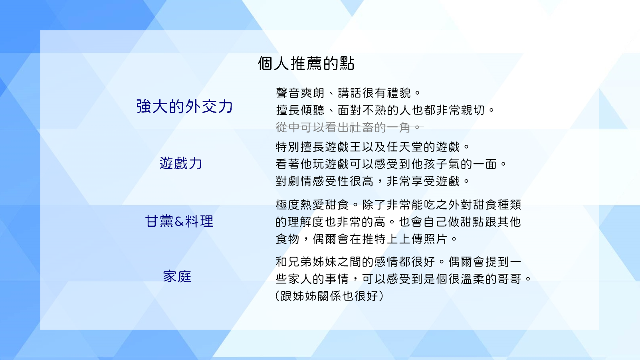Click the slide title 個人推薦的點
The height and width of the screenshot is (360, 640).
[306, 63]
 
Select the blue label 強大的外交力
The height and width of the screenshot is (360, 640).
[184, 107]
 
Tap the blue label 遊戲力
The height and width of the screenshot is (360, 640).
[180, 163]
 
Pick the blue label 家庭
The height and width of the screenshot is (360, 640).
[177, 277]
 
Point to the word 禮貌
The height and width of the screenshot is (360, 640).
[399, 93]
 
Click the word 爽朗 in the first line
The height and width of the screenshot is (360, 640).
[312, 93]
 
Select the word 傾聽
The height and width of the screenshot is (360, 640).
[312, 110]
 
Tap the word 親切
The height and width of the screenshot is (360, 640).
[473, 110]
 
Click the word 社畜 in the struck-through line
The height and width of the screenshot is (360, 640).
[362, 127]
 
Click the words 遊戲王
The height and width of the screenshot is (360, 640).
[343, 147]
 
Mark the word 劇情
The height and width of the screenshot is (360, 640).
[300, 181]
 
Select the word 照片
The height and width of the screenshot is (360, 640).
[436, 239]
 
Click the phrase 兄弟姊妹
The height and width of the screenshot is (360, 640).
[312, 262]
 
